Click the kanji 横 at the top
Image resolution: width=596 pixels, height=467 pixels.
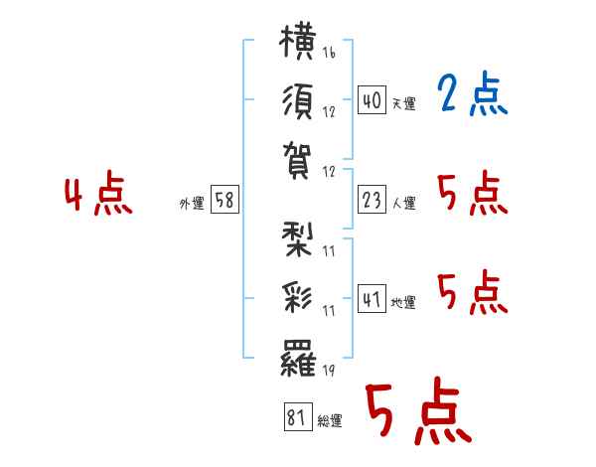[298, 42]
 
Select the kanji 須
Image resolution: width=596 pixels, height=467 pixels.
[298, 101]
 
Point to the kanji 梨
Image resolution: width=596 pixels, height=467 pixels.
[298, 240]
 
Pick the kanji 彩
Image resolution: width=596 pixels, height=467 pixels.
[298, 298]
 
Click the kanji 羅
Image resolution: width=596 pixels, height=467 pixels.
[298, 358]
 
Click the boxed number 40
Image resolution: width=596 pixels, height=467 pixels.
[372, 100]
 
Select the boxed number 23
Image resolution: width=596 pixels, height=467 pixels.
[372, 200]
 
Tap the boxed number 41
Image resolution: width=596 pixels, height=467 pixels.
[372, 299]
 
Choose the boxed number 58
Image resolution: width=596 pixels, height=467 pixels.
[224, 200]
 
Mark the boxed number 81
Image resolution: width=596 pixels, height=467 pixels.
[298, 416]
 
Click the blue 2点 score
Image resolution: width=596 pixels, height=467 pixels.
[472, 94]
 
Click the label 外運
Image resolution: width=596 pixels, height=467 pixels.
[192, 204]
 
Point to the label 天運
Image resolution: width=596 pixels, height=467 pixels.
[404, 103]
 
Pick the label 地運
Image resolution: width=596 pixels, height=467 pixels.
[403, 303]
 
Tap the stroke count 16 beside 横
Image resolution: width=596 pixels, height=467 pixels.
[329, 52]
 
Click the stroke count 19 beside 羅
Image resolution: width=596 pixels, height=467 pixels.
[329, 370]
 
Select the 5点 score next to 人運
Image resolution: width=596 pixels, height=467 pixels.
[473, 194]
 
